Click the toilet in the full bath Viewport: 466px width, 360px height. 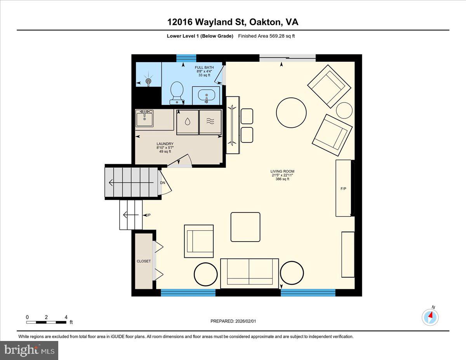177,92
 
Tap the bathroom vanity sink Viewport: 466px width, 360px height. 206,95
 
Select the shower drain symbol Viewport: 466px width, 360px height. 148,81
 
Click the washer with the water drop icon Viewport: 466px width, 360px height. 188,122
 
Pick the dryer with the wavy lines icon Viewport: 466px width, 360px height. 210,122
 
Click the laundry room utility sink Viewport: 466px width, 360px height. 145,118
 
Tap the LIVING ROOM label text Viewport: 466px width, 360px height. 282,171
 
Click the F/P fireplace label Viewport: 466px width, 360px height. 343,188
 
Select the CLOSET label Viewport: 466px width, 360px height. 144,261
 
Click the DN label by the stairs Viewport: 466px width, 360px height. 163,183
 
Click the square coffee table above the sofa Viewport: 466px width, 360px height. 245,227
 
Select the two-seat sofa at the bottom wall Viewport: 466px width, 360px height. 249,273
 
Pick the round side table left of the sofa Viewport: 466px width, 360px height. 205,274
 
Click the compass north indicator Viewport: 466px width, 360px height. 430,317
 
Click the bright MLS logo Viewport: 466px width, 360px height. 30,350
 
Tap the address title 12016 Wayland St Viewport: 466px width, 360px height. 233,22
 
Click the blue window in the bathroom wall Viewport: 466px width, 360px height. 186,58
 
